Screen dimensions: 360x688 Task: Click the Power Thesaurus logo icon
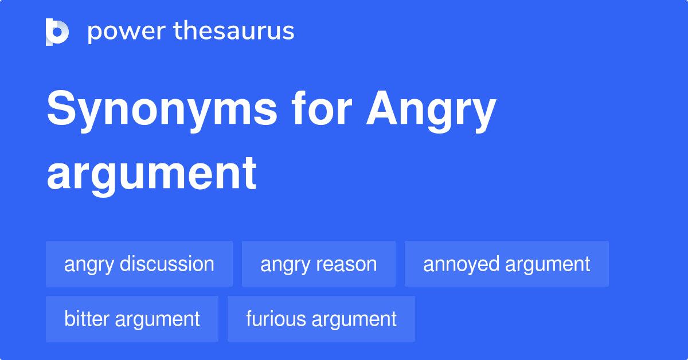coord(57,32)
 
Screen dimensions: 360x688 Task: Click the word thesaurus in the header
coord(234,32)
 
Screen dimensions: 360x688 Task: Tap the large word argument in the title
coord(151,174)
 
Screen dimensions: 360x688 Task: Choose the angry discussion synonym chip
coord(139,264)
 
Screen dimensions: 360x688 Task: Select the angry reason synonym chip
coord(319,264)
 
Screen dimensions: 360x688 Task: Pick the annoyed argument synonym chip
coord(507,264)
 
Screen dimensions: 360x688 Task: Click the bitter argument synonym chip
coord(132,319)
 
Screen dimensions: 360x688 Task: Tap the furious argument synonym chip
coord(321,319)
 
